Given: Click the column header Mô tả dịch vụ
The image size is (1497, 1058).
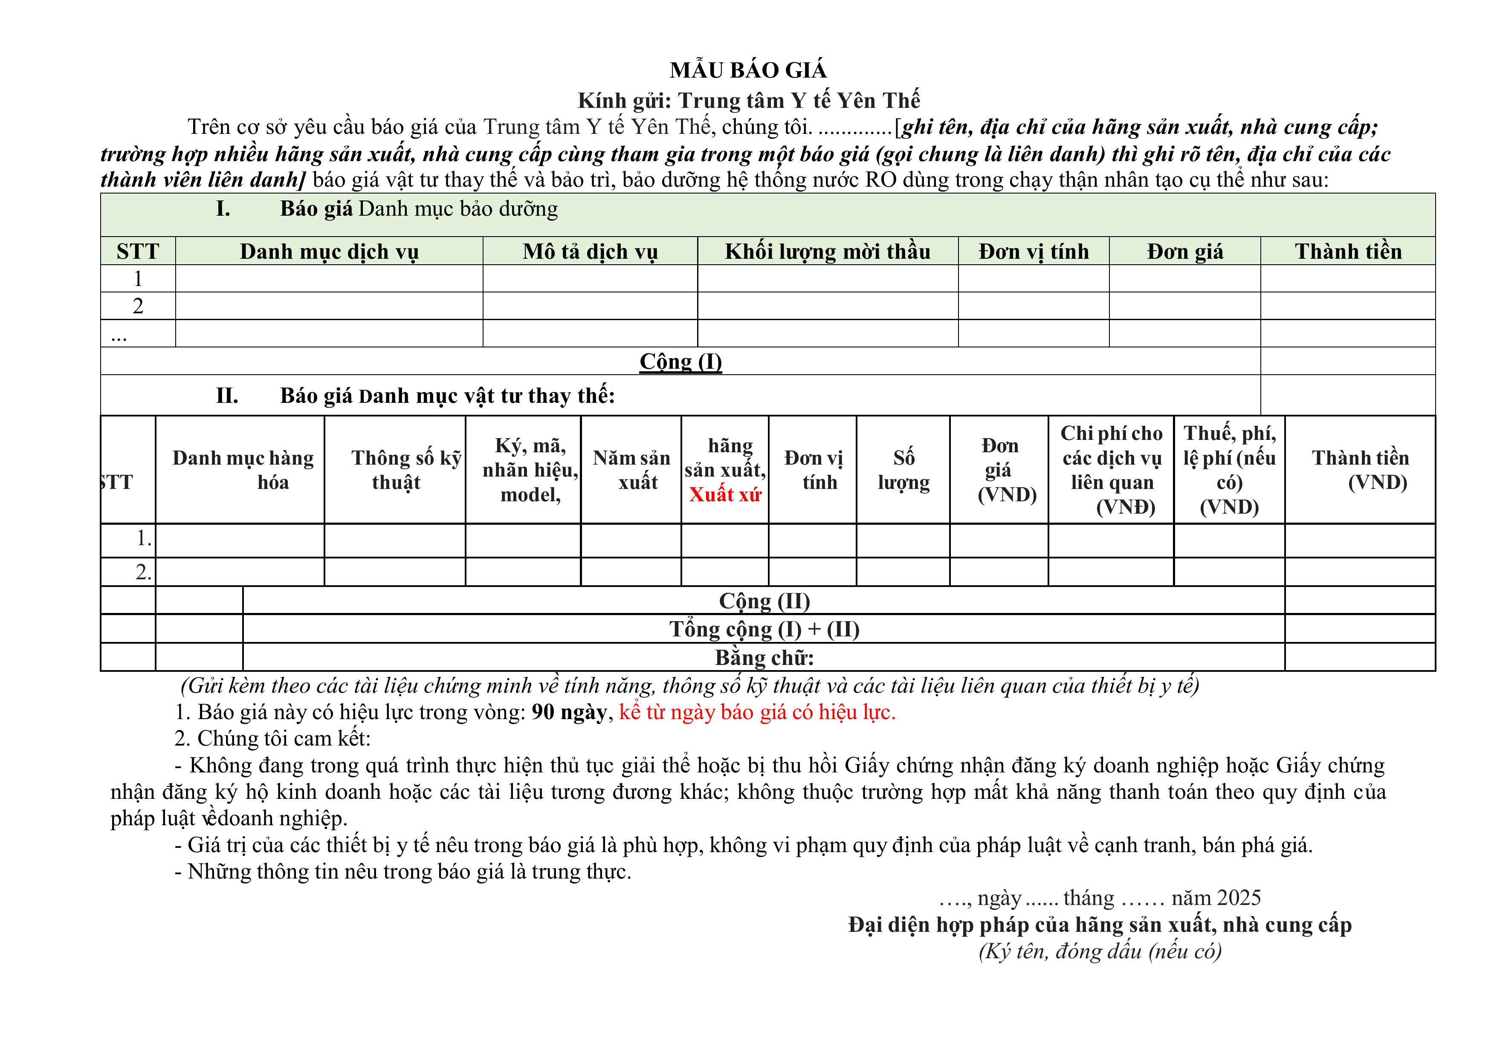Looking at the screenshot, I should (590, 251).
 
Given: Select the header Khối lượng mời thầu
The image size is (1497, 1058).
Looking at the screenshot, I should (828, 251).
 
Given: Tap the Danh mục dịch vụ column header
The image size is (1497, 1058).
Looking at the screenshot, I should (329, 251).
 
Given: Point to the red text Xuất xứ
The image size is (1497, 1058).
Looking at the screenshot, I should (725, 495).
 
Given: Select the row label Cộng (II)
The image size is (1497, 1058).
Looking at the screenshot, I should (764, 600).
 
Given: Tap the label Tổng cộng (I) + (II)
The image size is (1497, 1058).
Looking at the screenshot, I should (764, 629).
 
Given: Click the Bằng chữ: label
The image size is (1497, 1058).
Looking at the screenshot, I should (764, 658).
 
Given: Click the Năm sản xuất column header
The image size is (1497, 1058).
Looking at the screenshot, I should (631, 470).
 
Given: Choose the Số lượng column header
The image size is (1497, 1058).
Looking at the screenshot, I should (903, 470).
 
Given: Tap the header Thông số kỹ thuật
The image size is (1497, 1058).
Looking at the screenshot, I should (396, 470).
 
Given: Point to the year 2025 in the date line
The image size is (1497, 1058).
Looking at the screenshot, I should (1238, 898).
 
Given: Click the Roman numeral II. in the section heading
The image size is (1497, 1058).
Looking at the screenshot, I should (227, 396).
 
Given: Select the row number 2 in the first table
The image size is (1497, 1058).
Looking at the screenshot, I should (138, 306).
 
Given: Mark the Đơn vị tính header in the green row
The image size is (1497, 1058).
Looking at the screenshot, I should (1034, 251).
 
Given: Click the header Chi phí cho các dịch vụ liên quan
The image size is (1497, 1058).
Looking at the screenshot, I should (1112, 470).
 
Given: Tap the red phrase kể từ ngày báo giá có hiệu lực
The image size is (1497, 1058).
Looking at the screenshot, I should (757, 712).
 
